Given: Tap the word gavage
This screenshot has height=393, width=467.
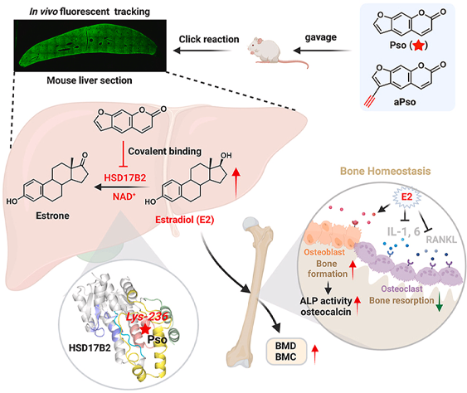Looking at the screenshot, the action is (320, 37).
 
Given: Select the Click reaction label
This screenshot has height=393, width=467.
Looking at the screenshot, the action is (209, 39).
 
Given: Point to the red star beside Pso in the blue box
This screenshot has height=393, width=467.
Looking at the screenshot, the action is (418, 46).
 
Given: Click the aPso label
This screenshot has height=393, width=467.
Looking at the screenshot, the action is (405, 102).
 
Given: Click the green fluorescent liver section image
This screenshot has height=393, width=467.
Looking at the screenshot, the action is (90, 46).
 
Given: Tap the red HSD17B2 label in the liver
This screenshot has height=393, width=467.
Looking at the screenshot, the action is (124, 177).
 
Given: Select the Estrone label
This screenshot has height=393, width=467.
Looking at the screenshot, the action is (52, 216).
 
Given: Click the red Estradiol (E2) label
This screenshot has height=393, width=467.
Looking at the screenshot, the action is (184, 220).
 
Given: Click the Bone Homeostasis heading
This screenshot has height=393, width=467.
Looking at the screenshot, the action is (385, 171).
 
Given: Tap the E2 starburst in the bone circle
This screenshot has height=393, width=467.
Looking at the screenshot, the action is (406, 196).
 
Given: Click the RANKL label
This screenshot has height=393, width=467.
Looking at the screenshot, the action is (441, 240).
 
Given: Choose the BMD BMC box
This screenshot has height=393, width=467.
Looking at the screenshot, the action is (286, 352).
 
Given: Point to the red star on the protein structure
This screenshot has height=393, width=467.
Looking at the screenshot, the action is (145, 329).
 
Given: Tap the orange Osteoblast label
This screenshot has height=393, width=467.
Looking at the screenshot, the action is (324, 252).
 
